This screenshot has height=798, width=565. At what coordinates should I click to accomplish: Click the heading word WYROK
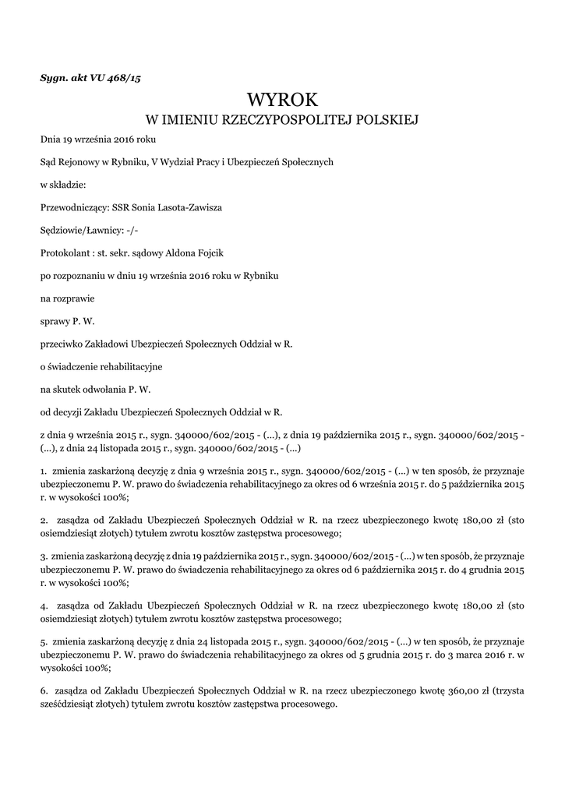pyautogui.click(x=283, y=100)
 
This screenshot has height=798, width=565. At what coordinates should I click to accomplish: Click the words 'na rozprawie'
pyautogui.click(x=62, y=298)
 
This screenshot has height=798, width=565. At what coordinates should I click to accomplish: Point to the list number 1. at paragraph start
pyautogui.click(x=44, y=471)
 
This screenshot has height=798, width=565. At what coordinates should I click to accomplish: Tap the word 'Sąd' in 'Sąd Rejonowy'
pyautogui.click(x=48, y=163)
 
